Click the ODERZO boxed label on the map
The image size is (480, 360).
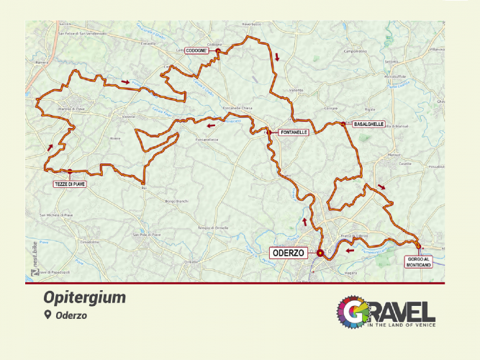(x=288, y=253)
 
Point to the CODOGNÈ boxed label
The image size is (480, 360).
(x=196, y=51)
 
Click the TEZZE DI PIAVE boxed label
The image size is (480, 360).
(x=70, y=184)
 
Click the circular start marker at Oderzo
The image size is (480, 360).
(x=320, y=253)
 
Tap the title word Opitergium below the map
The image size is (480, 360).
(x=84, y=298)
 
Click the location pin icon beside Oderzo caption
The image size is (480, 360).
(x=47, y=315)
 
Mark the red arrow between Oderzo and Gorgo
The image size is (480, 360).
(x=350, y=251)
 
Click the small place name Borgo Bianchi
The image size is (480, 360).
(x=176, y=200)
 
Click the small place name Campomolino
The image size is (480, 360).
(x=356, y=52)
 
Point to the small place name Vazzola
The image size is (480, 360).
(x=129, y=117)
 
